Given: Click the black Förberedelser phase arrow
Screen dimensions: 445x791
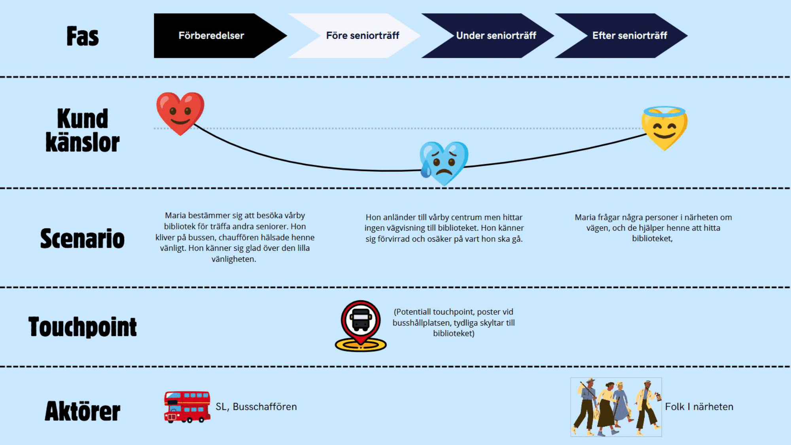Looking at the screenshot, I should click(212, 36).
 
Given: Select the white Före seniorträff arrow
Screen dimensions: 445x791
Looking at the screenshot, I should click(362, 36).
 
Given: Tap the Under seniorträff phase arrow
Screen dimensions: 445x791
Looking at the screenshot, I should click(496, 36).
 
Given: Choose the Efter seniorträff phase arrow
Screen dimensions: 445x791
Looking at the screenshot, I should click(629, 36).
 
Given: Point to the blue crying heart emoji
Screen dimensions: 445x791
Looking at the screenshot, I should click(444, 162).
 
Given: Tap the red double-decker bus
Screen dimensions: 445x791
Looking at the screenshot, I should click(187, 407).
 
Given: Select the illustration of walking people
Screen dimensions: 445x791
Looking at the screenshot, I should click(616, 407).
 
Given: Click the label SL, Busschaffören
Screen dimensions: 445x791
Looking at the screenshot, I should click(256, 407).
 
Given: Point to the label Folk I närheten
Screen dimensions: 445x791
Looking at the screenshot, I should click(699, 407).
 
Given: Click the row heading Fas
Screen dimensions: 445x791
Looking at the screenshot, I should click(82, 36).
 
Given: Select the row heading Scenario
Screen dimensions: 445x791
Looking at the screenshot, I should click(82, 239).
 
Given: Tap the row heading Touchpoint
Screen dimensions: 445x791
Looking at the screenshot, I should click(82, 327).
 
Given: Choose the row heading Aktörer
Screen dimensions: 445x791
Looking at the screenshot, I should click(82, 411).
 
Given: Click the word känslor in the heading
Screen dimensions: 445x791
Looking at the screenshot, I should click(82, 142).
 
